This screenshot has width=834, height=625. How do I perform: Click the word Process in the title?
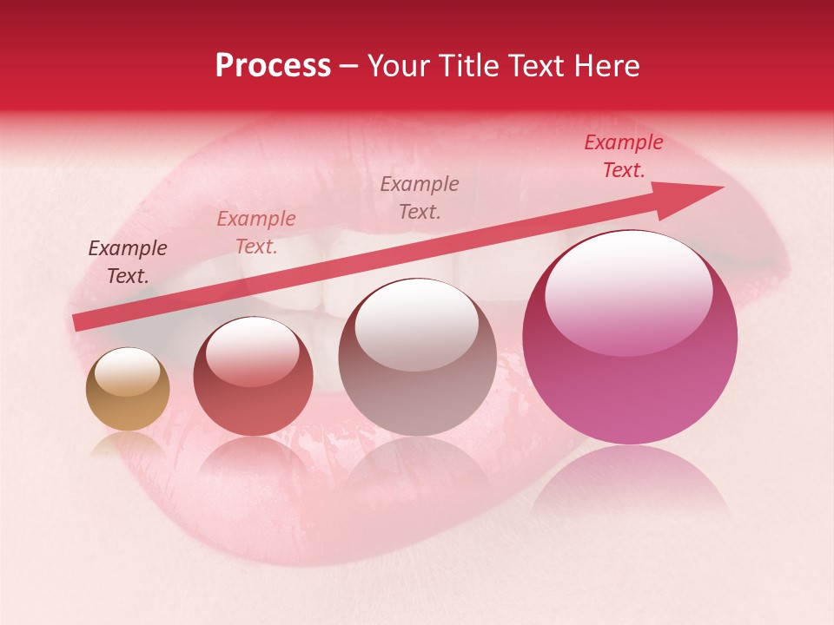273,66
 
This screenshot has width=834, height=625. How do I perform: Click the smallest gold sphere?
128,389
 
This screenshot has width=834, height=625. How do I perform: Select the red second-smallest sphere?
253,378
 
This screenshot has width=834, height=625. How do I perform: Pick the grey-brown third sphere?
417,358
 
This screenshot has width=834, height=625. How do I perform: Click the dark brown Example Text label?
128,262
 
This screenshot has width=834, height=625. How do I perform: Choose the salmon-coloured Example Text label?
256,233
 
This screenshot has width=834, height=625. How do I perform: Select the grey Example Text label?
420,197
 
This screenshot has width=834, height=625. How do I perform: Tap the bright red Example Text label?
624,156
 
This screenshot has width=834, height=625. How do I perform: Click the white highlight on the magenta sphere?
629,286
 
